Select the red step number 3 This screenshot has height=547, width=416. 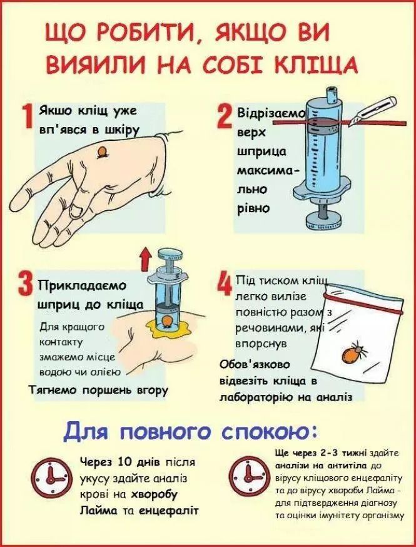coord(25,287)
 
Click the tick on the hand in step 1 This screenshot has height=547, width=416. coord(101,152)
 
